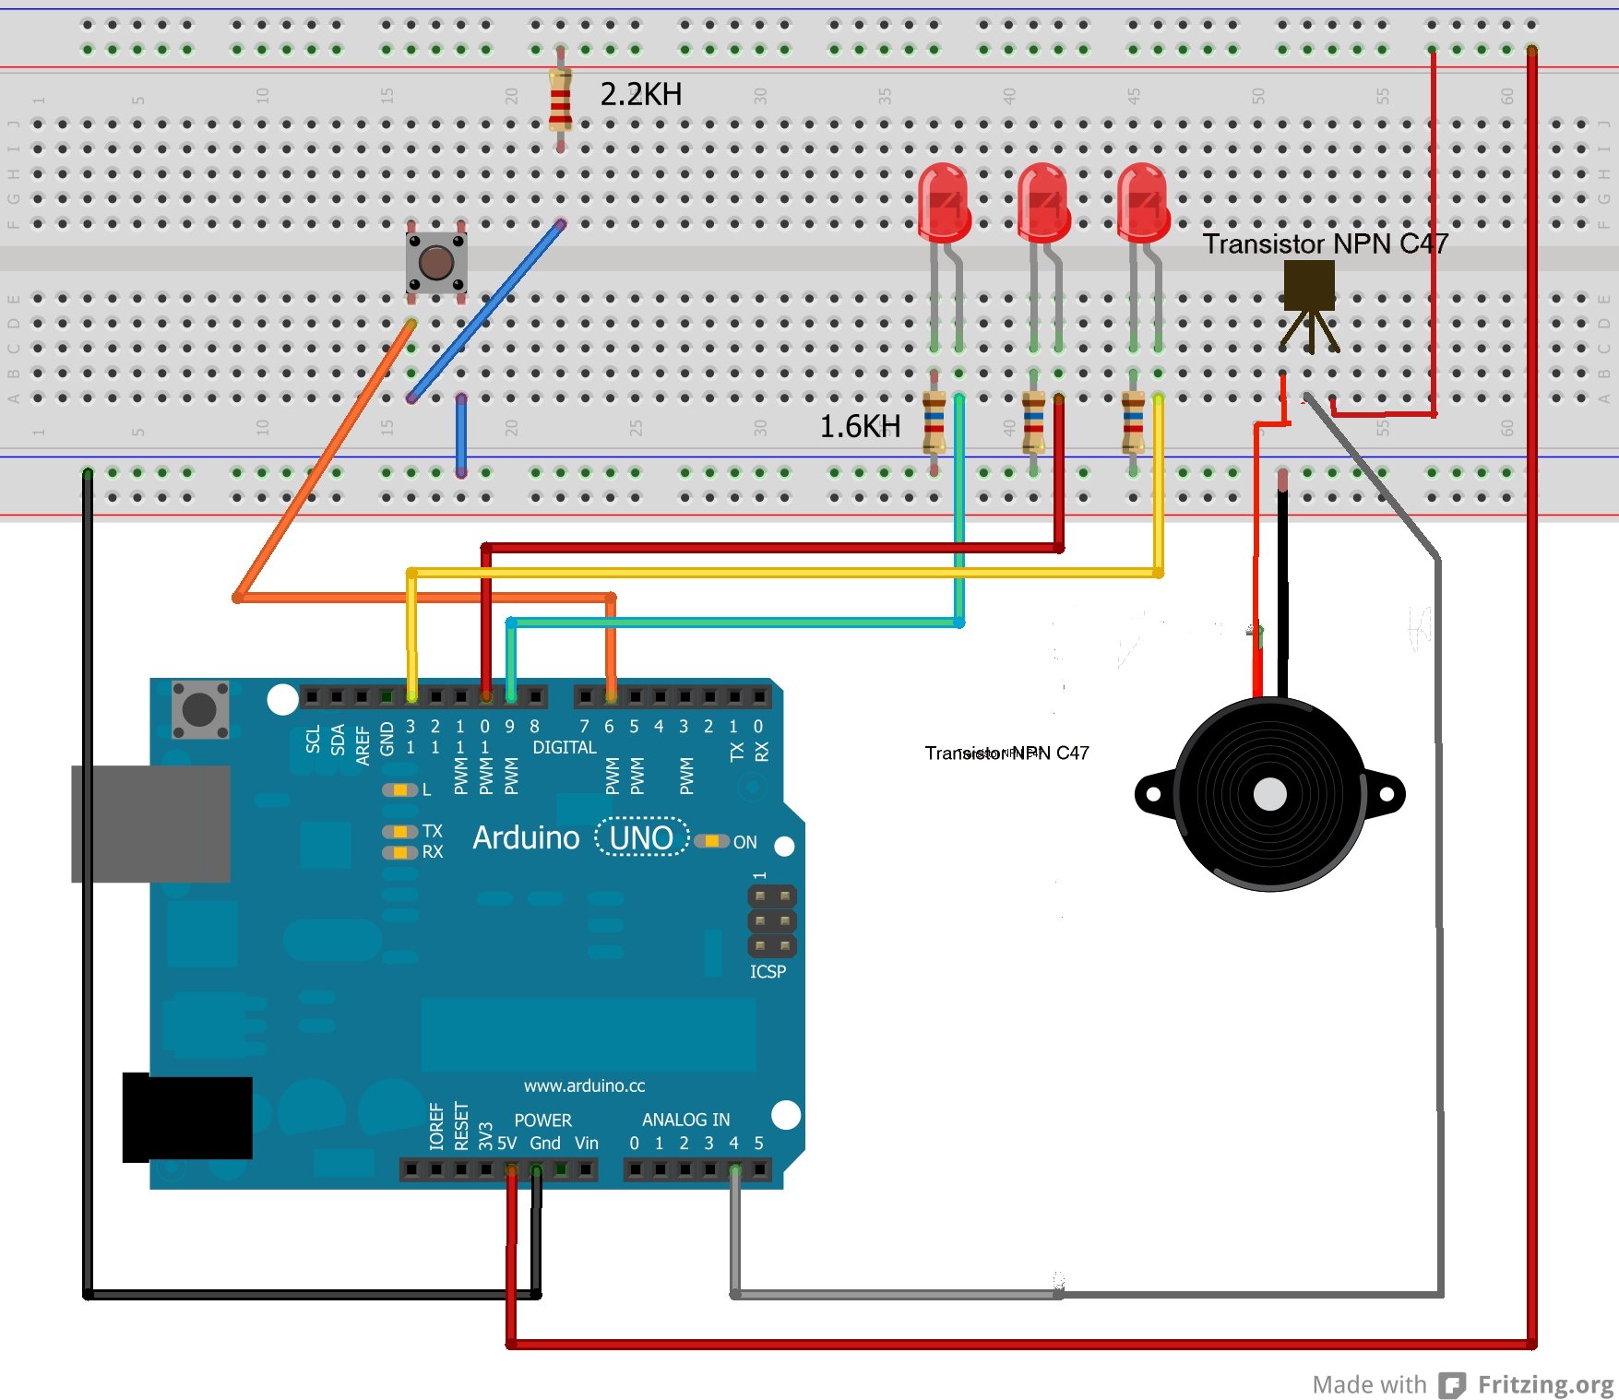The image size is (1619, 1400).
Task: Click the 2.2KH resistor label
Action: coord(640,94)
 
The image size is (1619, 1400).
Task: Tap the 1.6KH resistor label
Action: coord(860,426)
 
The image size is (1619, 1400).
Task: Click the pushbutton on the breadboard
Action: coord(436,263)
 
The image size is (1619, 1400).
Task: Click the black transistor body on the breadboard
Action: coord(1309,285)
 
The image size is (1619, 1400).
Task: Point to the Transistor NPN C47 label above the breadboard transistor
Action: coord(1325,243)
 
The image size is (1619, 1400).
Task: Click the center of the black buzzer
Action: coord(1270,794)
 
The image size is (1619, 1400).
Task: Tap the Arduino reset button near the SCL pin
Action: coord(200,709)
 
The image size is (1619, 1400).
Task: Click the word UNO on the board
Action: coord(641,837)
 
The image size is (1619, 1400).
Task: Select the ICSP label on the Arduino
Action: coord(768,971)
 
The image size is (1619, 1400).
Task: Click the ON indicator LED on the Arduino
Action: coord(712,841)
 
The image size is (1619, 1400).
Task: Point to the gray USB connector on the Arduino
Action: coord(150,824)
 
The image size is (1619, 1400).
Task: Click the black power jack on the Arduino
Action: coord(187,1117)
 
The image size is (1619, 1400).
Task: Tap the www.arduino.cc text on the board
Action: coord(584,1086)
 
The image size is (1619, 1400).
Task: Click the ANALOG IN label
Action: coord(685,1120)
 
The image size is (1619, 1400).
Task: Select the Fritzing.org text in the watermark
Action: coord(1545,1384)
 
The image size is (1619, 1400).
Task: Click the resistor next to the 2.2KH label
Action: coord(560,100)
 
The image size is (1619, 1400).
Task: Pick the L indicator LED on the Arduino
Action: coord(399,789)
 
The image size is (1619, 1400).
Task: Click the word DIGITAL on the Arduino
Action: coord(564,747)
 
